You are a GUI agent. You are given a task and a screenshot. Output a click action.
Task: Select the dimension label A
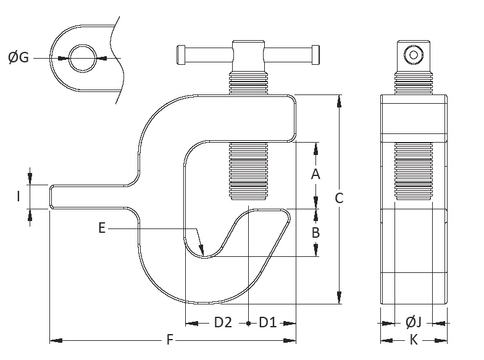coord(315,174)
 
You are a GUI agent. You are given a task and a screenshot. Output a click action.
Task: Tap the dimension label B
coord(315,233)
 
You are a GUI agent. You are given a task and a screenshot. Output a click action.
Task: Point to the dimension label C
coord(339,198)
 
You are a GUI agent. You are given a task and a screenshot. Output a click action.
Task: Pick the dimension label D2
coord(222,322)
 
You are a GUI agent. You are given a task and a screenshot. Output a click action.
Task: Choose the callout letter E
coord(102,228)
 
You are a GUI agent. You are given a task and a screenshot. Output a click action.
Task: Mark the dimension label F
coord(169,340)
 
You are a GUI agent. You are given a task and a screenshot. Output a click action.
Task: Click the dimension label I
coord(19,196)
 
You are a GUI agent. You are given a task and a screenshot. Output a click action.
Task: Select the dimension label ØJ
coord(413,322)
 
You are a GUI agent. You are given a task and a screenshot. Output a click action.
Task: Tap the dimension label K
coord(414,340)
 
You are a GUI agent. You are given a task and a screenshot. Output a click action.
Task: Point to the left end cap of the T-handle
coord(181,54)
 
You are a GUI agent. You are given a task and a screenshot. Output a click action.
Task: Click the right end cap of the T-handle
coord(315,54)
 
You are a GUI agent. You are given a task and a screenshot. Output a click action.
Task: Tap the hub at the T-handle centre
coord(248,55)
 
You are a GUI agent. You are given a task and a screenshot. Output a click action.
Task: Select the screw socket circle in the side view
coord(413,55)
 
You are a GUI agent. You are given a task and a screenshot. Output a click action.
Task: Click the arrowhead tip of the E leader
coord(202,253)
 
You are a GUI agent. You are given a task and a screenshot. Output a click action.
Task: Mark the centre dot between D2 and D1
coord(248,323)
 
